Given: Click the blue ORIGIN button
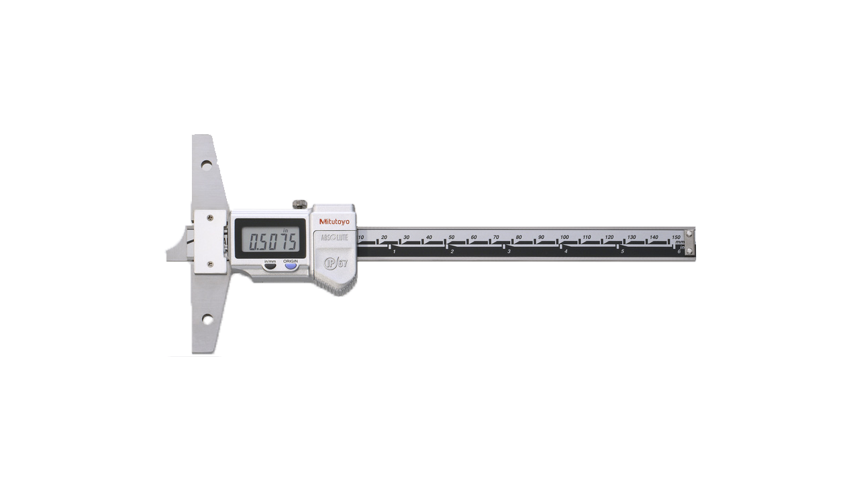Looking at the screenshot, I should pos(291,266).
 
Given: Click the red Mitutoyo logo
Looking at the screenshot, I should pos(334,222).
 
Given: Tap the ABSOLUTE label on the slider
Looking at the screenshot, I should pos(335,237).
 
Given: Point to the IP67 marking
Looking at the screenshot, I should pos(336,263).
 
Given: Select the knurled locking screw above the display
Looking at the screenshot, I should pos(299,203).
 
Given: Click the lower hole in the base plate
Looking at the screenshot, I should pos(207,319).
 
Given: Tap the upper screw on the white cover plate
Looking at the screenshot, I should pos(211,217).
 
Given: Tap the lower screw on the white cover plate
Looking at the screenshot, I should pos(211,266).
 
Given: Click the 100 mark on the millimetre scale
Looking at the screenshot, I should pos(564,237).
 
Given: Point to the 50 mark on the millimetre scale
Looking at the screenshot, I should pos(452,237).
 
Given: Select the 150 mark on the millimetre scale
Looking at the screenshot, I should pos(676,237).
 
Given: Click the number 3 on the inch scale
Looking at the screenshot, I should pos(509,252).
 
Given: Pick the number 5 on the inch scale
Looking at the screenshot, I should pos(622,252).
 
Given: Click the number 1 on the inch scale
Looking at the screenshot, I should pos(395,252).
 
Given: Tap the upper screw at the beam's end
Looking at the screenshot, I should pos(689,233).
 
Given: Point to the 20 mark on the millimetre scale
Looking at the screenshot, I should pos(384,237).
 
